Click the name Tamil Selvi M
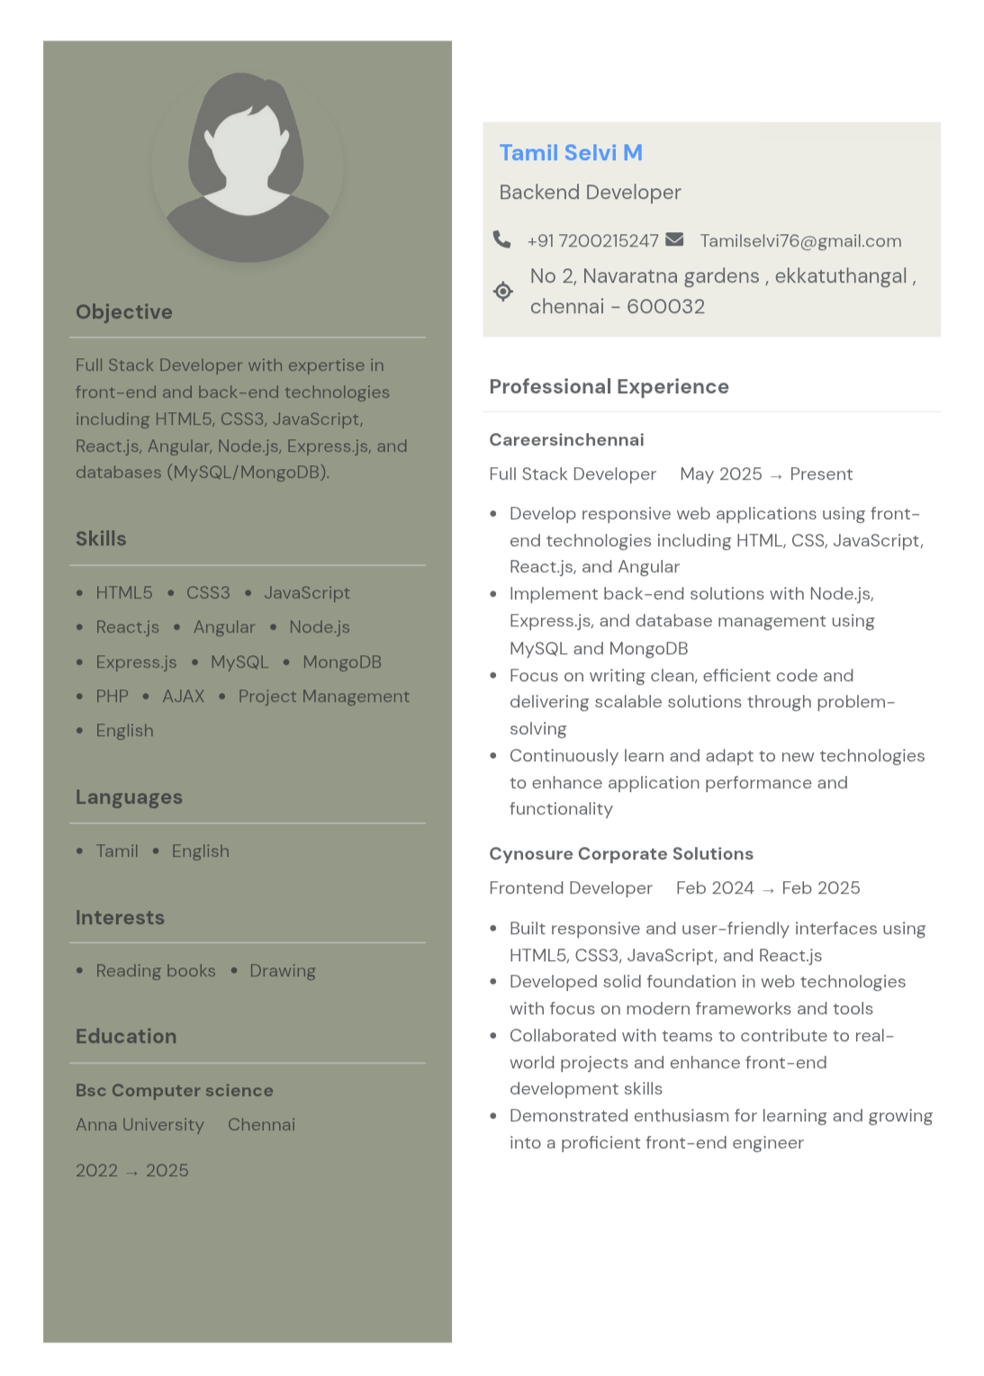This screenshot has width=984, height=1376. click(x=571, y=153)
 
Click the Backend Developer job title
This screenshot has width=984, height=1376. click(x=590, y=193)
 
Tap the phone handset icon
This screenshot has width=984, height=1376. click(x=501, y=239)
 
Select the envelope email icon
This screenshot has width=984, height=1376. click(x=674, y=239)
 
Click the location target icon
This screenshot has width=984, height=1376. click(x=503, y=291)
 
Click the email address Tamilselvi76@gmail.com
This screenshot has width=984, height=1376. click(x=800, y=241)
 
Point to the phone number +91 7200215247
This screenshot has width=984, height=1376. click(x=592, y=241)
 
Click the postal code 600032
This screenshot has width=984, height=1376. click(x=665, y=307)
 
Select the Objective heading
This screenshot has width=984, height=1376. click(x=124, y=312)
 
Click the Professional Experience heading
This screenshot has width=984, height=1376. click(x=609, y=387)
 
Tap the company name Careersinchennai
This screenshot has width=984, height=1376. click(x=566, y=440)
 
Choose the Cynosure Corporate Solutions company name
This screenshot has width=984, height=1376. click(x=621, y=854)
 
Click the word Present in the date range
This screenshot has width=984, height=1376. click(x=821, y=474)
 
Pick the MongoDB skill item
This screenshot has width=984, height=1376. click(x=342, y=662)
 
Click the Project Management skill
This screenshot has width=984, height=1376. click(x=324, y=697)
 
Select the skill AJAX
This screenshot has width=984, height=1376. click(x=184, y=697)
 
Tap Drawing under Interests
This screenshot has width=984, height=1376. click(x=283, y=971)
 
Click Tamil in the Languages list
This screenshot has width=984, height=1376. click(x=117, y=851)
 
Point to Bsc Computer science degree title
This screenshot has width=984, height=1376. click(x=175, y=1091)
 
